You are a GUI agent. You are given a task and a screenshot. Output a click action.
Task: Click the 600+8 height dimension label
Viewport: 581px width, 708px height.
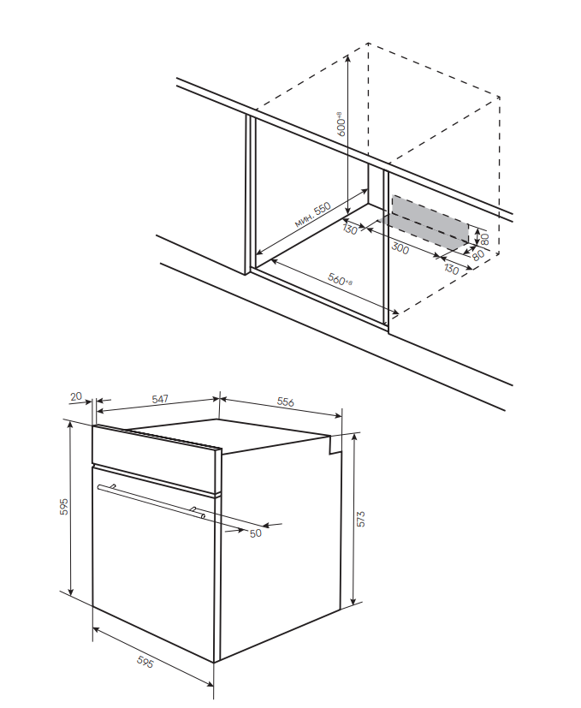coord(341,124)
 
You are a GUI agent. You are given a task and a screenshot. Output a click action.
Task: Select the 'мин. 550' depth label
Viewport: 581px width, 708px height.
coord(312,215)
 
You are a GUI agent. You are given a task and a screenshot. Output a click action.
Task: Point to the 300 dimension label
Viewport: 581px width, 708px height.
coord(400,249)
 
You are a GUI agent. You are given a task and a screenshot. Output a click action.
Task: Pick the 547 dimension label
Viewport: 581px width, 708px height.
coord(159,399)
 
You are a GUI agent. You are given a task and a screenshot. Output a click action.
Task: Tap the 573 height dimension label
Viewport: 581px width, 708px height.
coord(361,519)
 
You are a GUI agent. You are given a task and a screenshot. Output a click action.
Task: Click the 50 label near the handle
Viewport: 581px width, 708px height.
coord(254,533)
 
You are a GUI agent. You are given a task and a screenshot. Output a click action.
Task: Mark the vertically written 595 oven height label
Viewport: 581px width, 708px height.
coord(63,506)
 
